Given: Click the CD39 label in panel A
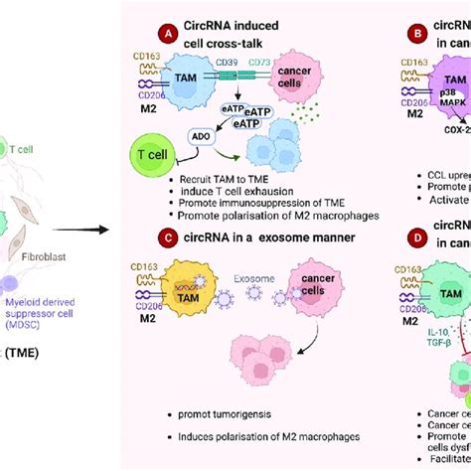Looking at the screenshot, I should [244, 65].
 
